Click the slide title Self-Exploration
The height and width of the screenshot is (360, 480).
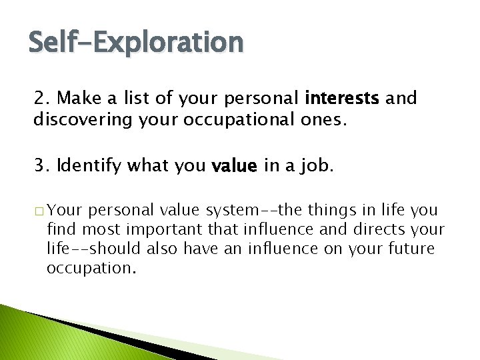pos(136,43)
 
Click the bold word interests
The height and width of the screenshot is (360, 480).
pos(341,99)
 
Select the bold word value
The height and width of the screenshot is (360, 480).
pos(234,166)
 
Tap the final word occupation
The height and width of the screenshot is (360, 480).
pos(91,269)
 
